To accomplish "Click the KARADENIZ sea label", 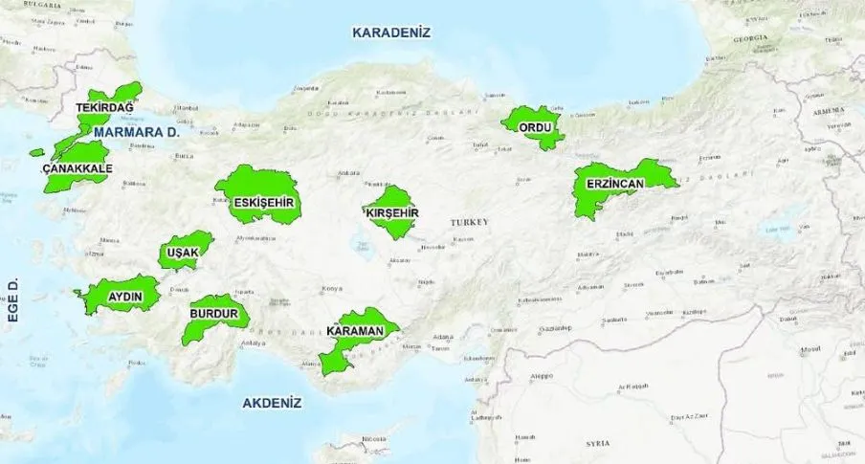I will [x=391, y=33].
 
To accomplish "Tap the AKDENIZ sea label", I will [x=272, y=403].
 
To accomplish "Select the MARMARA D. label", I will [x=138, y=132].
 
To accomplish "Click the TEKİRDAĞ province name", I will [x=105, y=108].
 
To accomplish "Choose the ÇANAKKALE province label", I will [x=78, y=168].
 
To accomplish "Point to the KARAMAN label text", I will [x=355, y=332].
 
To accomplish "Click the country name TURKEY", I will [x=470, y=222].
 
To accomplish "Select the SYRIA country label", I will [x=598, y=445].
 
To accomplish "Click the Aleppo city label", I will [x=543, y=376].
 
